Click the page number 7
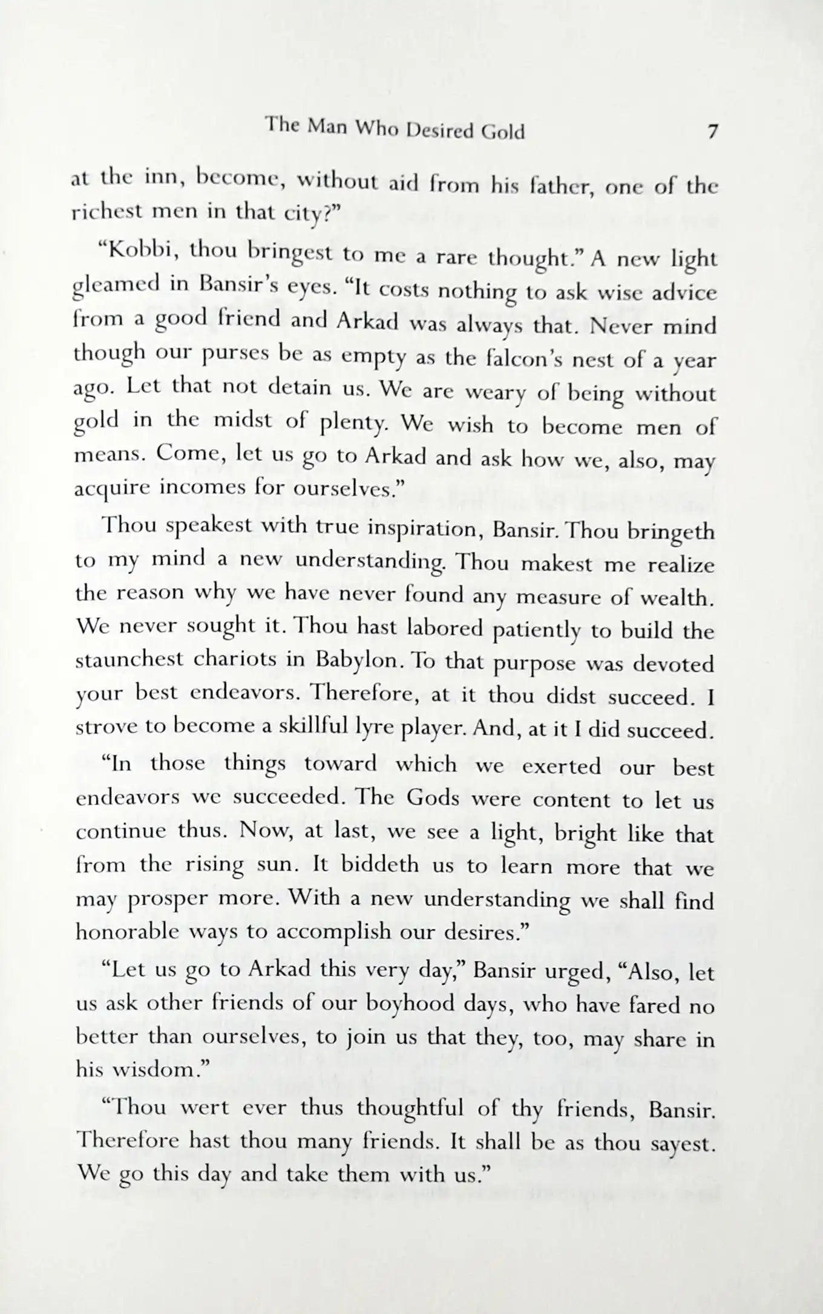point(712,132)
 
